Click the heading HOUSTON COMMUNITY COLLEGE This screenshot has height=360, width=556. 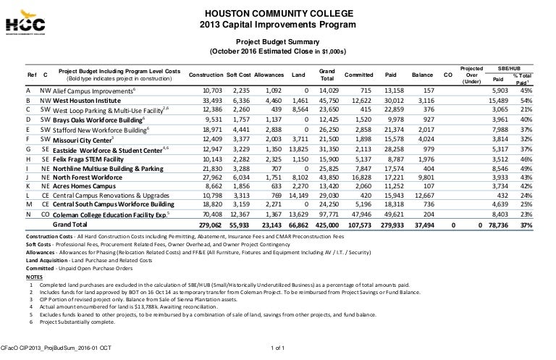[278, 14]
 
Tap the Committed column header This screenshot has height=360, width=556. [359, 75]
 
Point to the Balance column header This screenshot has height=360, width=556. [423, 75]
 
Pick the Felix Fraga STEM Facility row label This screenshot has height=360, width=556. [78, 158]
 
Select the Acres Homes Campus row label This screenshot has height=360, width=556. [70, 185]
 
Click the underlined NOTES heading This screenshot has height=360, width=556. [34, 277]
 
